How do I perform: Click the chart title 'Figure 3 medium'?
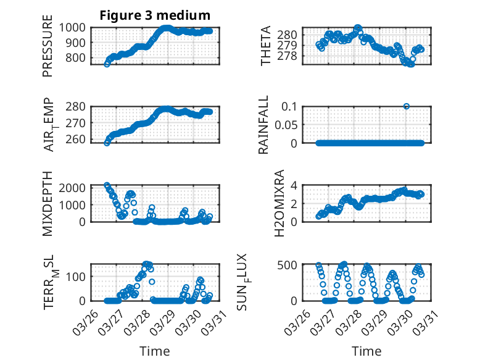[155, 15]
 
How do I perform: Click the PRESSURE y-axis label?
[48, 50]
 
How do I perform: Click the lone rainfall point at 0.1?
[407, 106]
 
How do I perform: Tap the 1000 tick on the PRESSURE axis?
[77, 28]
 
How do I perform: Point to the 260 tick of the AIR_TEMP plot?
[80, 140]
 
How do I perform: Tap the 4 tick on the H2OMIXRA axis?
[295, 185]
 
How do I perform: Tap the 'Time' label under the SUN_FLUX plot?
[366, 351]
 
